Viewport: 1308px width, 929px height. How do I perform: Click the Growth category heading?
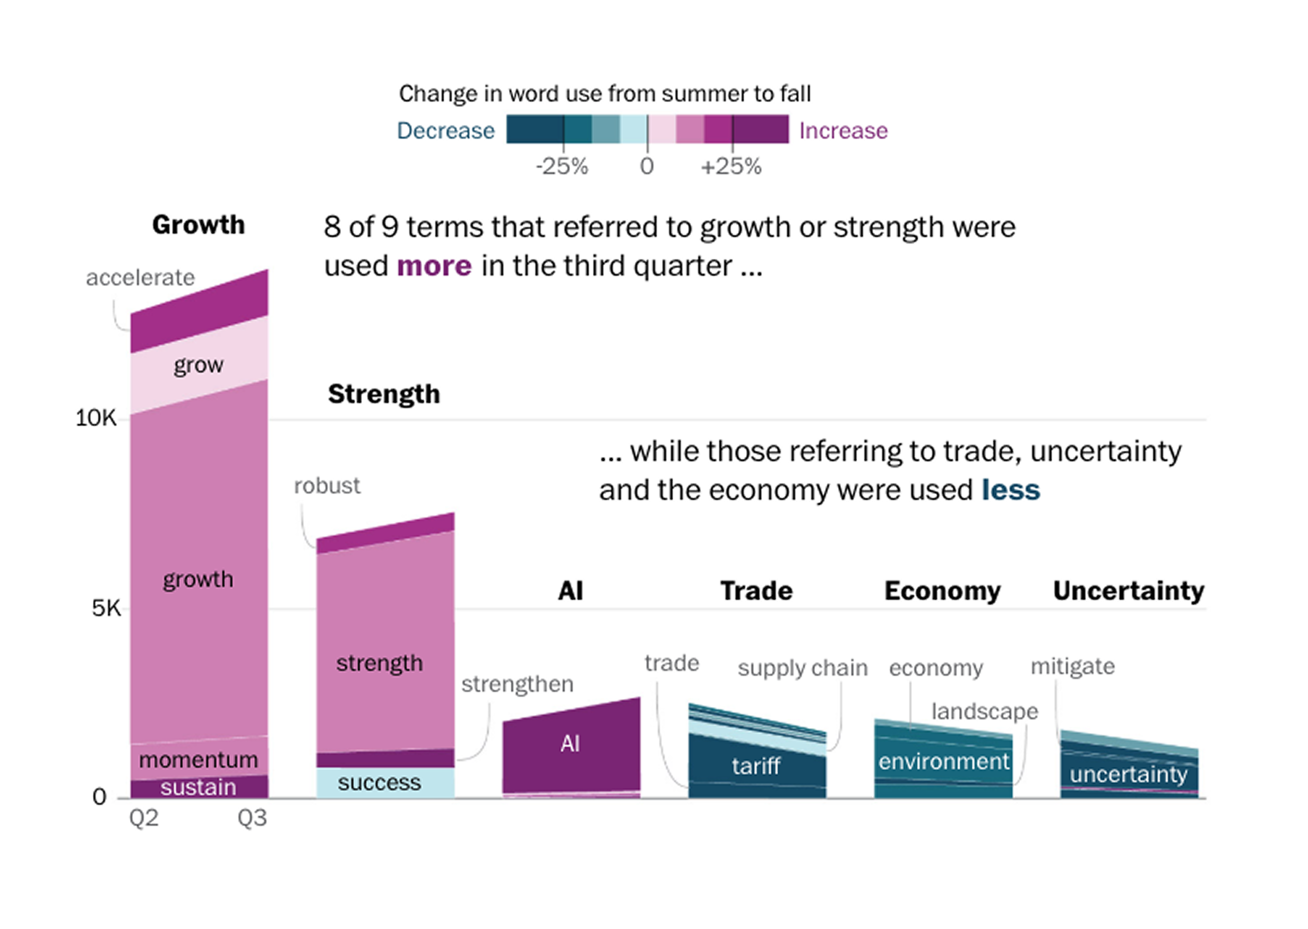[198, 224]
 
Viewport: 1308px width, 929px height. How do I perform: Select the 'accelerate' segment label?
[140, 278]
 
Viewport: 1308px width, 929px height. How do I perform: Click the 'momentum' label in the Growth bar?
[199, 760]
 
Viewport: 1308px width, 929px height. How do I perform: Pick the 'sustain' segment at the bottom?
[199, 788]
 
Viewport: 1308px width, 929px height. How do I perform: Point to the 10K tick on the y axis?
[96, 418]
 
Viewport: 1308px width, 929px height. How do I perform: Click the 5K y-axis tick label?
[106, 608]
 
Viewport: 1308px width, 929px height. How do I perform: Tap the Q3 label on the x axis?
[252, 819]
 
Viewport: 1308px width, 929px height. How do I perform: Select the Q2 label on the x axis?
[143, 819]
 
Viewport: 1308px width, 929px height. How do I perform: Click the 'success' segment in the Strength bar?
[379, 782]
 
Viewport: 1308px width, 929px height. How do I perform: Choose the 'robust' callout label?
[326, 486]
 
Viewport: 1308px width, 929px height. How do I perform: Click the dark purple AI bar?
[570, 744]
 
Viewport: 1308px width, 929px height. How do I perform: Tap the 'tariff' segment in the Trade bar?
[756, 766]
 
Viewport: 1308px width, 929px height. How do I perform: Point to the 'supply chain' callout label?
[803, 668]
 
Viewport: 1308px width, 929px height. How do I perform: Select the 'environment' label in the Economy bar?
[944, 761]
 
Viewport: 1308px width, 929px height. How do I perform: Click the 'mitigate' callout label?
[1072, 666]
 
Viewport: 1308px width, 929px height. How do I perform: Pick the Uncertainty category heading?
[1129, 591]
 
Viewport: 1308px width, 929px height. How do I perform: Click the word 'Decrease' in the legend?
[445, 131]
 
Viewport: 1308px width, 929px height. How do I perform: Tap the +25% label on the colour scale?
[731, 167]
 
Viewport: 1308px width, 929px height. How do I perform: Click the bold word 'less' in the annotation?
[1011, 490]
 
